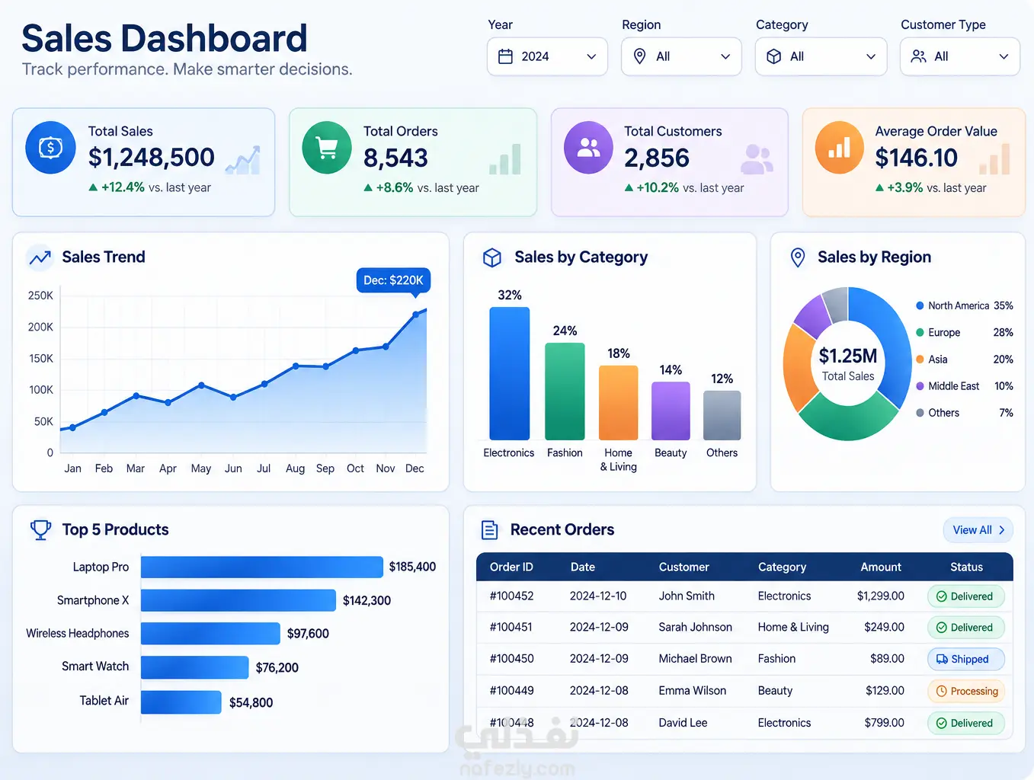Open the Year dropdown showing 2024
(547, 56)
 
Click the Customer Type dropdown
(959, 56)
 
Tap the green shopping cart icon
(326, 148)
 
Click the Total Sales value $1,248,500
(151, 157)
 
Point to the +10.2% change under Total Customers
(657, 188)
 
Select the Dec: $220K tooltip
(393, 280)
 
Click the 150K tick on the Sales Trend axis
(41, 359)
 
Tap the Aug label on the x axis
(296, 468)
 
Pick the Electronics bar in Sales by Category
(509, 374)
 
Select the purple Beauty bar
(671, 411)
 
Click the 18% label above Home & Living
(619, 353)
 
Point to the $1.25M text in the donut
(848, 356)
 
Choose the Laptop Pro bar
(262, 567)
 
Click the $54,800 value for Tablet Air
(251, 703)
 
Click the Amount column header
(881, 567)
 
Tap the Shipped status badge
(965, 659)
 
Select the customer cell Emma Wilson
(693, 691)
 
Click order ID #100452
(511, 596)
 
